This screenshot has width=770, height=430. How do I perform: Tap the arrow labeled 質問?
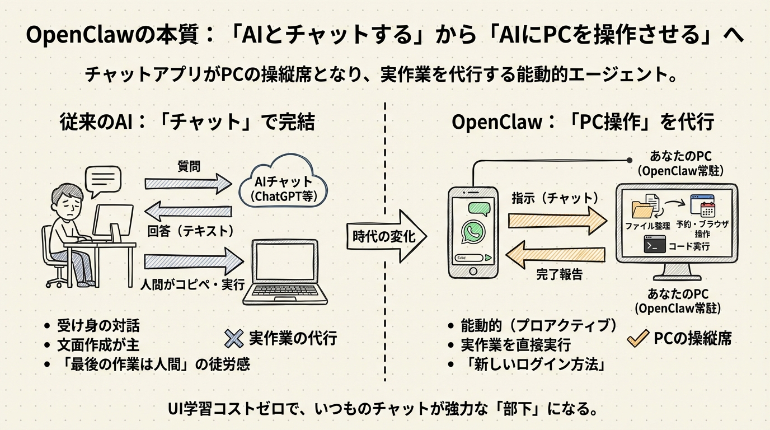187,183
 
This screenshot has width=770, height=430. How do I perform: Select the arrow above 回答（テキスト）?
187,212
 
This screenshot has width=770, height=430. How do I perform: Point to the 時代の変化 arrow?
386,237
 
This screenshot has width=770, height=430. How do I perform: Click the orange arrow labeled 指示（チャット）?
557,216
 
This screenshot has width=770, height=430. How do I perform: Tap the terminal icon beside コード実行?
654,245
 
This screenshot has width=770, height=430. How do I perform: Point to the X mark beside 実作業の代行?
233,338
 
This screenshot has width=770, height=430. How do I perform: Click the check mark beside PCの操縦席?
637,338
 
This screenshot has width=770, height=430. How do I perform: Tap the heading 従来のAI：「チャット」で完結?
187,123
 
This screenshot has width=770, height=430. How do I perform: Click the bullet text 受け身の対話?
98,325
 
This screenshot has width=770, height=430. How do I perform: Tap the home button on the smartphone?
473,271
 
